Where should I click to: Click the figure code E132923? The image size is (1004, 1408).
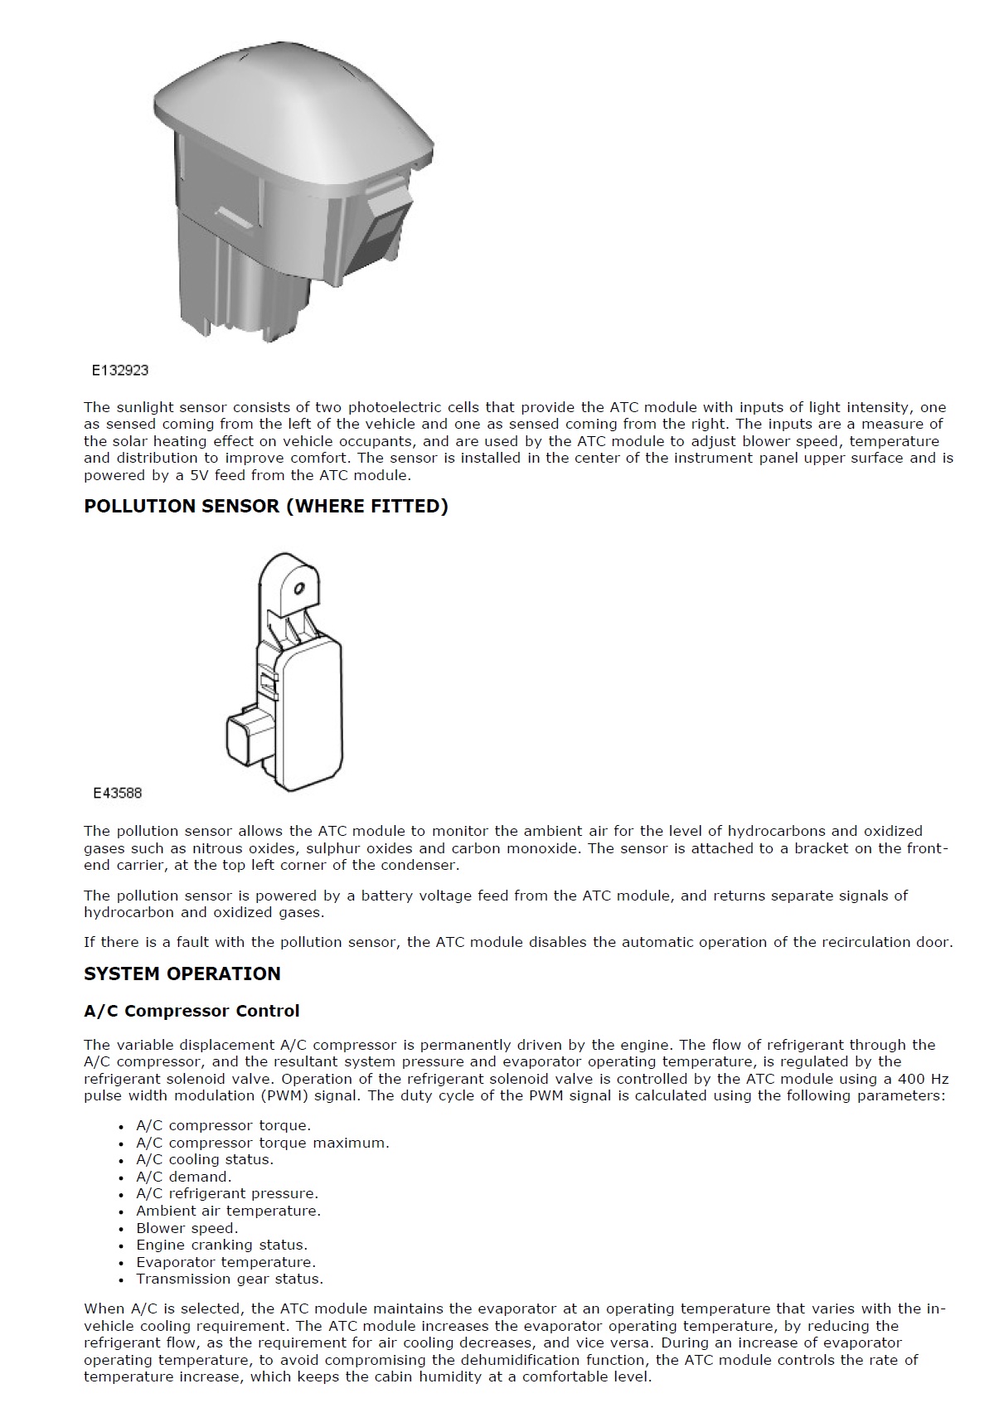coord(120,371)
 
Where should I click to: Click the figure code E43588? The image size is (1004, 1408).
coord(118,794)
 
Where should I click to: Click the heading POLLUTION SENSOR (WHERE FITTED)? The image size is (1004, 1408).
coord(265,507)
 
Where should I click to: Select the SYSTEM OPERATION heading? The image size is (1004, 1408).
coord(182,973)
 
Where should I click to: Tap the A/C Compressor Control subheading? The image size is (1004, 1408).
coord(192,1011)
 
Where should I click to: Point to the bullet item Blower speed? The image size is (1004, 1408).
coord(187,1228)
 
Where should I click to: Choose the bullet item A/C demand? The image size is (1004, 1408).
coord(183,1177)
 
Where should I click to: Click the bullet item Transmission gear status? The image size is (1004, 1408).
coord(230,1279)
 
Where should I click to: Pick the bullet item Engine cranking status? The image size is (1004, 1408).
coord(221,1245)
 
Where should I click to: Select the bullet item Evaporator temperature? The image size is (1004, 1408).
coord(226,1262)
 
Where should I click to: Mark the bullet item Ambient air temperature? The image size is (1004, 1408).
coord(228,1211)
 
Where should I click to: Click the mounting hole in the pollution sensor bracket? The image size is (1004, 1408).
coord(299,590)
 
